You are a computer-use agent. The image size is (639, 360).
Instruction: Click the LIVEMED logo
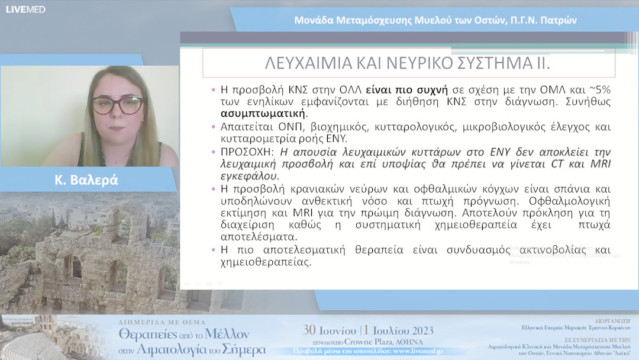25,9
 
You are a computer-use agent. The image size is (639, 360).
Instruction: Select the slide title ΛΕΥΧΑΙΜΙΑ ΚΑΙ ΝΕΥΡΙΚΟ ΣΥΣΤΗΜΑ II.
408,63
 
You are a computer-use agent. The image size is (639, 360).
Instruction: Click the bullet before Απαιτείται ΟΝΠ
214,127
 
